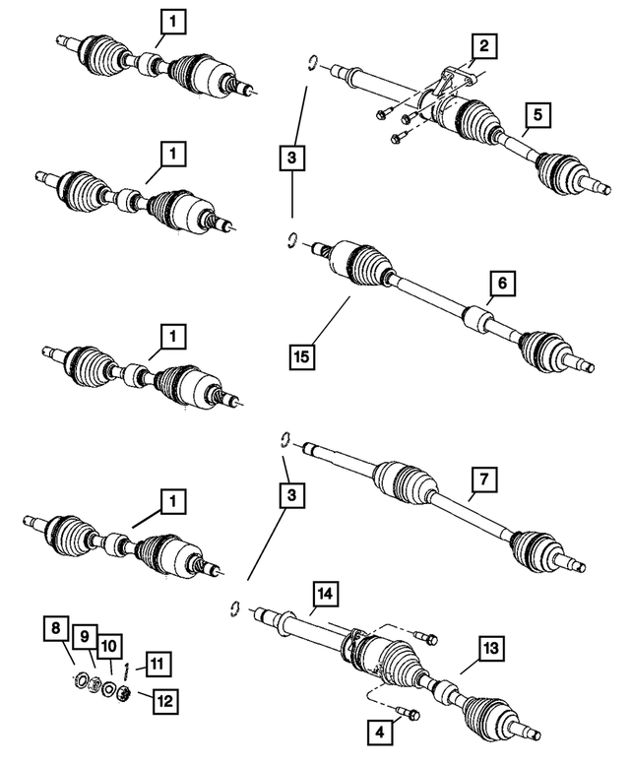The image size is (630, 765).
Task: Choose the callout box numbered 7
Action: [x=484, y=479]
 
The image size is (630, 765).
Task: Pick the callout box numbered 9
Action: [x=86, y=637]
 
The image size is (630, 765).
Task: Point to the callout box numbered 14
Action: [x=326, y=594]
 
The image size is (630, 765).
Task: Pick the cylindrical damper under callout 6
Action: [x=479, y=320]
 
